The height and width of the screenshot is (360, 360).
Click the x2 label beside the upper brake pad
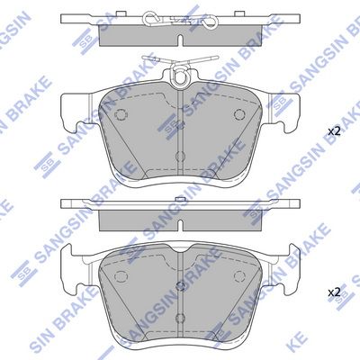tap(334, 131)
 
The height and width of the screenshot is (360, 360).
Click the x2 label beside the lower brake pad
tap(334, 292)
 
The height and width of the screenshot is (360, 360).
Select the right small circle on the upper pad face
tap(238, 114)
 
